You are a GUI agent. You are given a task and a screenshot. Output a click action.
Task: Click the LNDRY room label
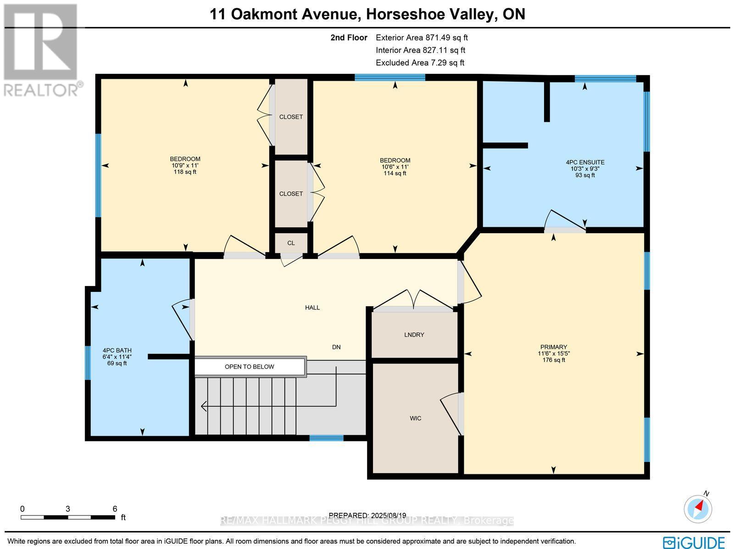click(x=414, y=335)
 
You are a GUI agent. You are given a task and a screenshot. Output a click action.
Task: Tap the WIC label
click(x=415, y=418)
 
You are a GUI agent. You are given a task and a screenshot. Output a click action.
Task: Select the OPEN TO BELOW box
click(x=250, y=367)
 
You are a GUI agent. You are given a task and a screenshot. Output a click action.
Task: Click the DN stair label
click(x=336, y=347)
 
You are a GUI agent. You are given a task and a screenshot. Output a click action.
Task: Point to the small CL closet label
click(x=291, y=243)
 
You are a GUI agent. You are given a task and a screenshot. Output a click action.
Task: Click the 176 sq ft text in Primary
click(x=554, y=360)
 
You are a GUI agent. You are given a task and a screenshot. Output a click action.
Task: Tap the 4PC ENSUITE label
click(x=585, y=162)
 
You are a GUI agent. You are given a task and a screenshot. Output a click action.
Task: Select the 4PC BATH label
click(x=117, y=351)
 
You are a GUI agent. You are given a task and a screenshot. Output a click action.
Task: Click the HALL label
click(x=312, y=308)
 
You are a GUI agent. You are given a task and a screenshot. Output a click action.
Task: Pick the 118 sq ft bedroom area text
click(x=185, y=172)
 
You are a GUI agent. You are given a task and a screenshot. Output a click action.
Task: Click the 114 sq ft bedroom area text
click(x=395, y=174)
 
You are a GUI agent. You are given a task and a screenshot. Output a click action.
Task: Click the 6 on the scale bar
click(x=115, y=509)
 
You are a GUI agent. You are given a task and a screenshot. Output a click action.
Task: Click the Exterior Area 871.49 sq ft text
click(x=422, y=38)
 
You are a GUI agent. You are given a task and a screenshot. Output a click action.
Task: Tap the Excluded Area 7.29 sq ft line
click(x=420, y=63)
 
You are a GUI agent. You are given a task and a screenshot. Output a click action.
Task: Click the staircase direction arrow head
click(x=203, y=406)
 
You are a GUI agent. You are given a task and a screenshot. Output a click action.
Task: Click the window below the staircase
click(x=326, y=438)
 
